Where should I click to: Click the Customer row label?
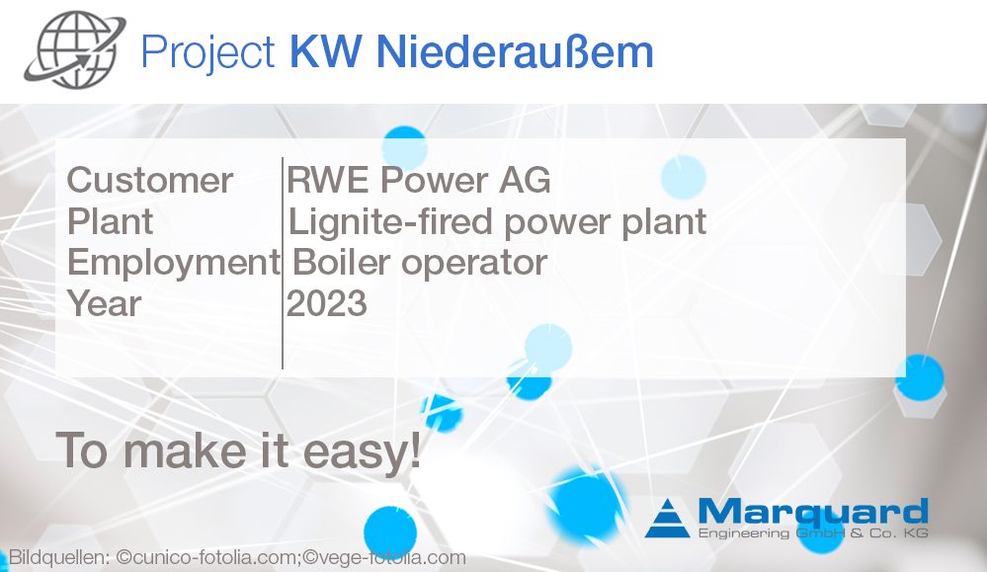(150, 181)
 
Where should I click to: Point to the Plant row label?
(110, 221)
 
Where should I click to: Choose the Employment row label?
(173, 262)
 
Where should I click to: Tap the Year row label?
(105, 303)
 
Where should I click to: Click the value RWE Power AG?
(419, 181)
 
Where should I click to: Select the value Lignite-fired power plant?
(497, 221)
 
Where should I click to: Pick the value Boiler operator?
(419, 262)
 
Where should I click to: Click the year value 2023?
(327, 303)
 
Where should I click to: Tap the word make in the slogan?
(182, 450)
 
